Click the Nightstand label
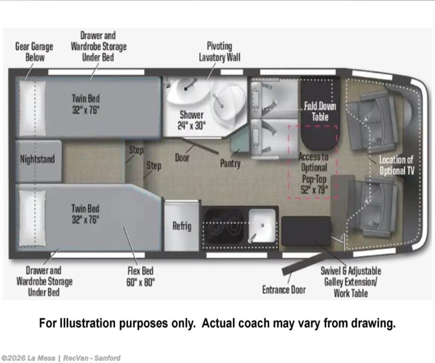coord(37,159)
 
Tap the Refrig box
coord(182,226)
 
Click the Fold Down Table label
coord(320,111)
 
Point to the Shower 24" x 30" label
coord(191,120)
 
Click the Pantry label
coord(230,163)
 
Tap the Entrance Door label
coord(284,290)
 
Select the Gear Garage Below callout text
coord(34,52)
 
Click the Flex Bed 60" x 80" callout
coord(140,276)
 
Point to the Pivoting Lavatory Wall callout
coord(219,52)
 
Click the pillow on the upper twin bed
coord(32,108)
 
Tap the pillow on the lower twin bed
coord(32,218)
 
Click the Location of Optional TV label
coord(396,166)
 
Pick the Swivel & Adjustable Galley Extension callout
coord(351,282)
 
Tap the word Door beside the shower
coord(182,158)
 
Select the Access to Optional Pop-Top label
coord(314,173)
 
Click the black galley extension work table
coord(306,231)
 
